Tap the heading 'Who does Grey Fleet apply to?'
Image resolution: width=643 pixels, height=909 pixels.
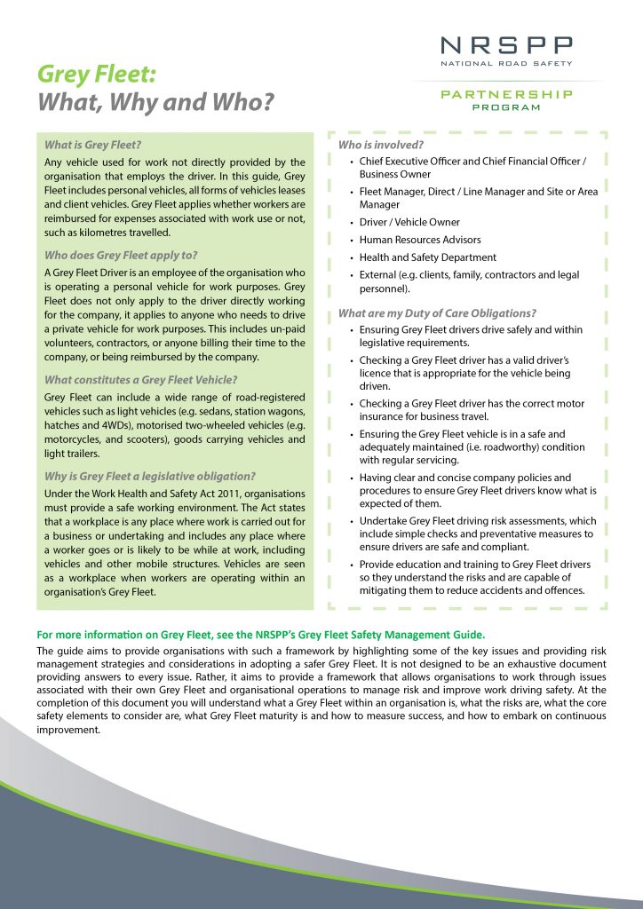[117, 255]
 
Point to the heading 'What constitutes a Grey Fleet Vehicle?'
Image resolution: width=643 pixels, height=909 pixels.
[140, 380]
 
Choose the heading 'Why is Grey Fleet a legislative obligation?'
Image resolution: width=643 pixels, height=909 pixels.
[150, 476]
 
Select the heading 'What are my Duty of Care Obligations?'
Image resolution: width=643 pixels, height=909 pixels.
[437, 312]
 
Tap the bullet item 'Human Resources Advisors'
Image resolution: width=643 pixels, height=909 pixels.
[420, 240]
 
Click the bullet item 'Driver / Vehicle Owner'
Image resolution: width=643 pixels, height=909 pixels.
[409, 222]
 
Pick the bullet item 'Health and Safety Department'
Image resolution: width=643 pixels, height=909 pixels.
[428, 257]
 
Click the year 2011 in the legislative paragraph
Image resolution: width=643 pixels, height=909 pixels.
[226, 494]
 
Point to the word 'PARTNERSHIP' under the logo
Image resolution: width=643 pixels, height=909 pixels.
[507, 93]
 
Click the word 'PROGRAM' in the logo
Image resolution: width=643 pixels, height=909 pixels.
[507, 107]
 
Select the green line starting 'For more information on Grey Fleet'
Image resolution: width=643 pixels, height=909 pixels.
[261, 635]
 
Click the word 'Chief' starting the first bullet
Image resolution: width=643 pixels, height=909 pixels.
[373, 162]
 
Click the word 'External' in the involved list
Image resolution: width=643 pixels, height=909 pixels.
[379, 275]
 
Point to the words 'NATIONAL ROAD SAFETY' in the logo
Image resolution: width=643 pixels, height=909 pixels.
[507, 63]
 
